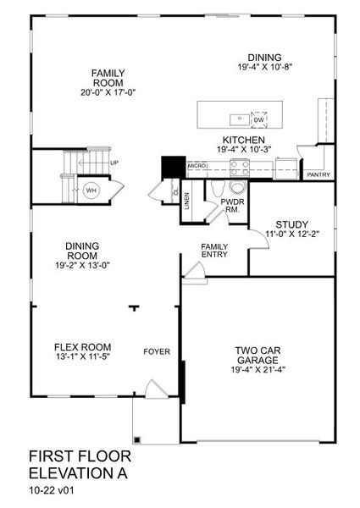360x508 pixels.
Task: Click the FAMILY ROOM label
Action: pos(108,78)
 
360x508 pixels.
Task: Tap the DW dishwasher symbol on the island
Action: pos(258,120)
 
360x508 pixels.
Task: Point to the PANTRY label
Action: pos(319,174)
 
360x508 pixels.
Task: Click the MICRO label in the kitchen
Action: pos(197,167)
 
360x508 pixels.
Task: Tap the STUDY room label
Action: pos(292,224)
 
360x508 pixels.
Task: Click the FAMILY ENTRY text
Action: pos(213,251)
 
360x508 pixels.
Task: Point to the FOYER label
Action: pos(157,351)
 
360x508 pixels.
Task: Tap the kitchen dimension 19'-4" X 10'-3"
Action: pos(244,150)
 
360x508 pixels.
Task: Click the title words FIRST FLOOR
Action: pos(80,456)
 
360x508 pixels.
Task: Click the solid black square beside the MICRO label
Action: pos(174,166)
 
